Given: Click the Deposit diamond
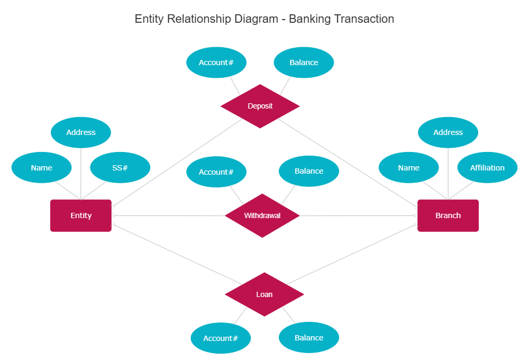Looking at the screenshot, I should tap(260, 106).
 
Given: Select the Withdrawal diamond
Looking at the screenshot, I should tap(262, 215).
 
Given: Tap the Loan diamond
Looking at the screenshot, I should tap(264, 294).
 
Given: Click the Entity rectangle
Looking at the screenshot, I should tap(81, 215).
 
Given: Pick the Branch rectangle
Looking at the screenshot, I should tap(448, 215).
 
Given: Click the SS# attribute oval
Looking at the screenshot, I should tap(120, 168).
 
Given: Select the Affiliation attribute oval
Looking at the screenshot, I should tap(487, 168).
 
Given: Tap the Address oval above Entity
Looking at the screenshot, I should tap(81, 132).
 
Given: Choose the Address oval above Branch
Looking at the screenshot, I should tap(448, 132).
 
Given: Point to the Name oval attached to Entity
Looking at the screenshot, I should tap(41, 168).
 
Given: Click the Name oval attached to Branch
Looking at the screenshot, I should tap(408, 168).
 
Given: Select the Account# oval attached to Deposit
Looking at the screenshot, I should tap(216, 62).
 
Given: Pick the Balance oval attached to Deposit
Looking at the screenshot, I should tap(304, 62).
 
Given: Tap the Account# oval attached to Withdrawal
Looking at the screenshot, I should tap(216, 172).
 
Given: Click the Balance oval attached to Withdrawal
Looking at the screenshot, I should tap(309, 171).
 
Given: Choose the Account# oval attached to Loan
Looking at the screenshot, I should tap(221, 338).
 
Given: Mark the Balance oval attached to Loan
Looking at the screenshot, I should tap(309, 338).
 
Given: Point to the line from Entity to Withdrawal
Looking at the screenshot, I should tap(169, 215).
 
